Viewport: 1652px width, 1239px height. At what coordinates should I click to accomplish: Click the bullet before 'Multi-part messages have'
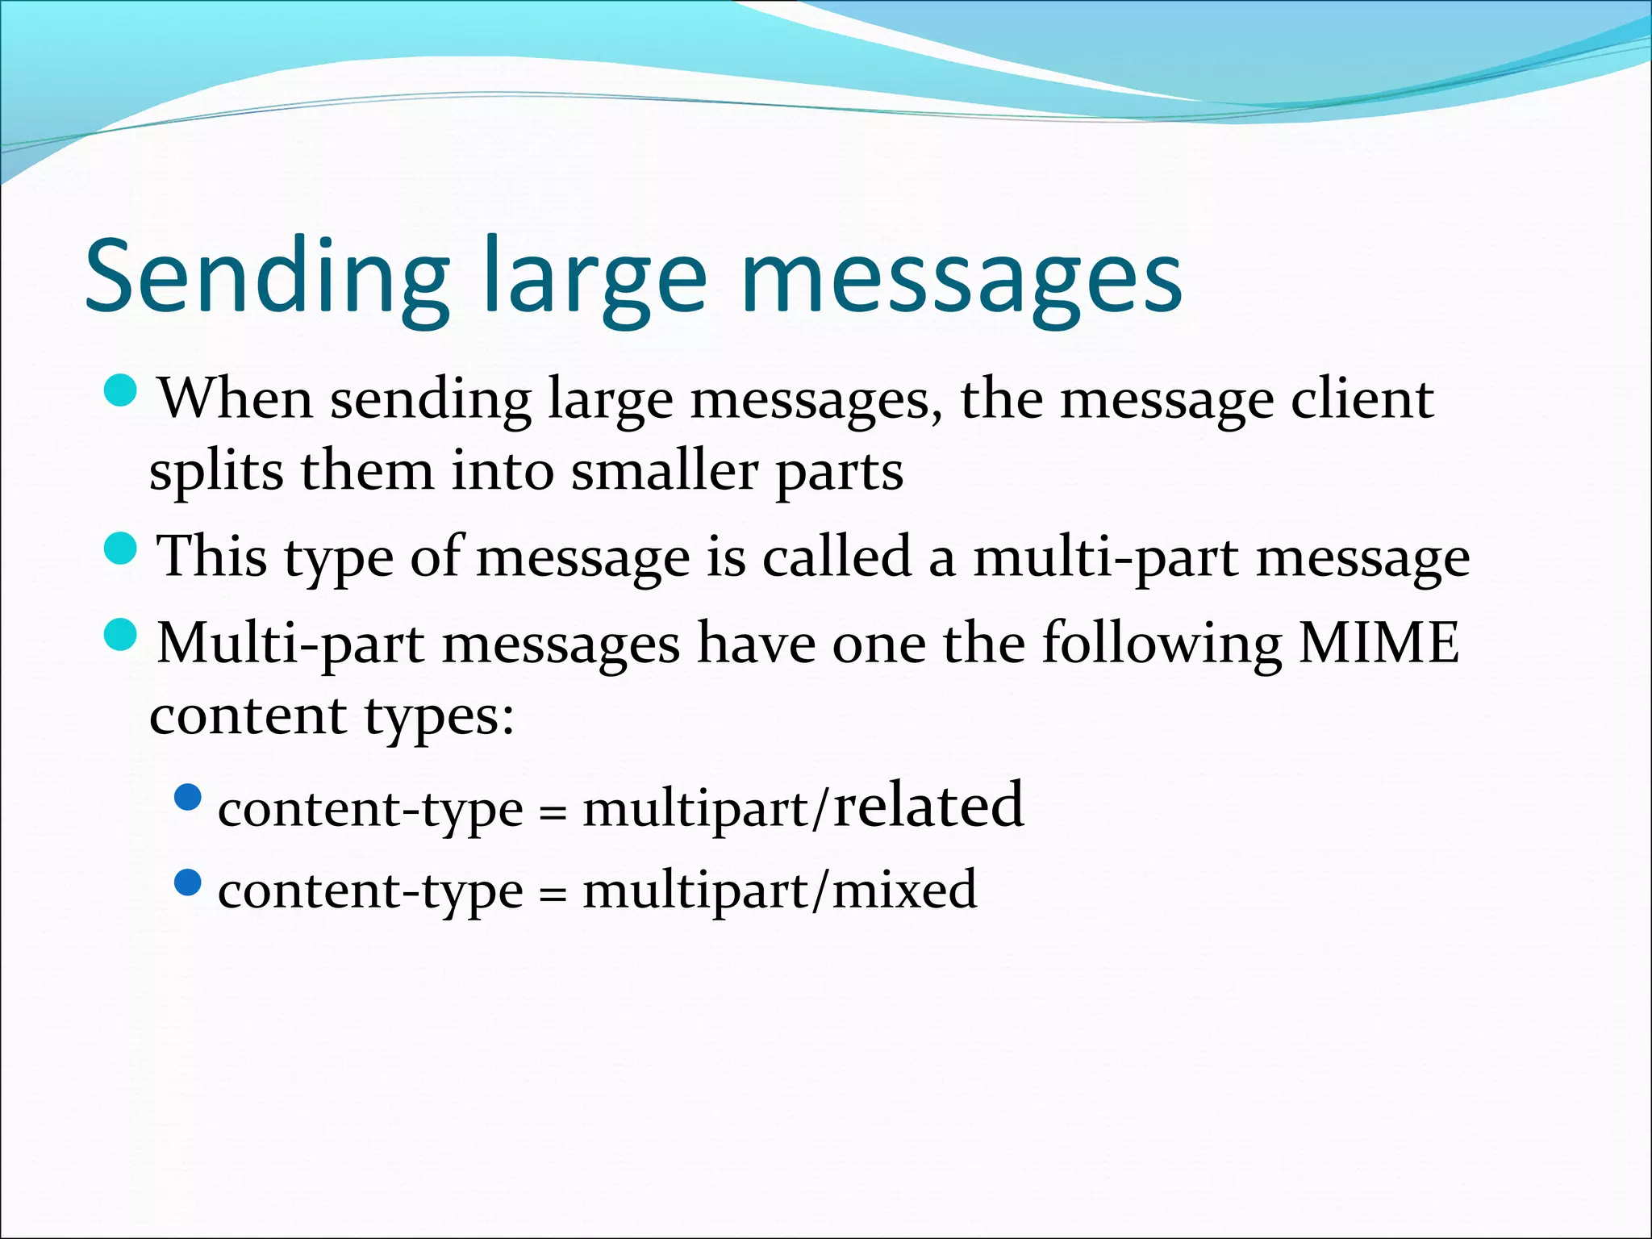pos(123,635)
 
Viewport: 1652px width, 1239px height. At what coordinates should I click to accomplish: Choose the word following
pos(1161,643)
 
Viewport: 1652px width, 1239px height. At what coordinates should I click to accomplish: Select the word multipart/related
pos(803,807)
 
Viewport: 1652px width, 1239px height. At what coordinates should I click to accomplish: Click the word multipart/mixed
pos(779,890)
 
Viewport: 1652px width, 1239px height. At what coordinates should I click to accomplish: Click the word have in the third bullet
pos(756,643)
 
